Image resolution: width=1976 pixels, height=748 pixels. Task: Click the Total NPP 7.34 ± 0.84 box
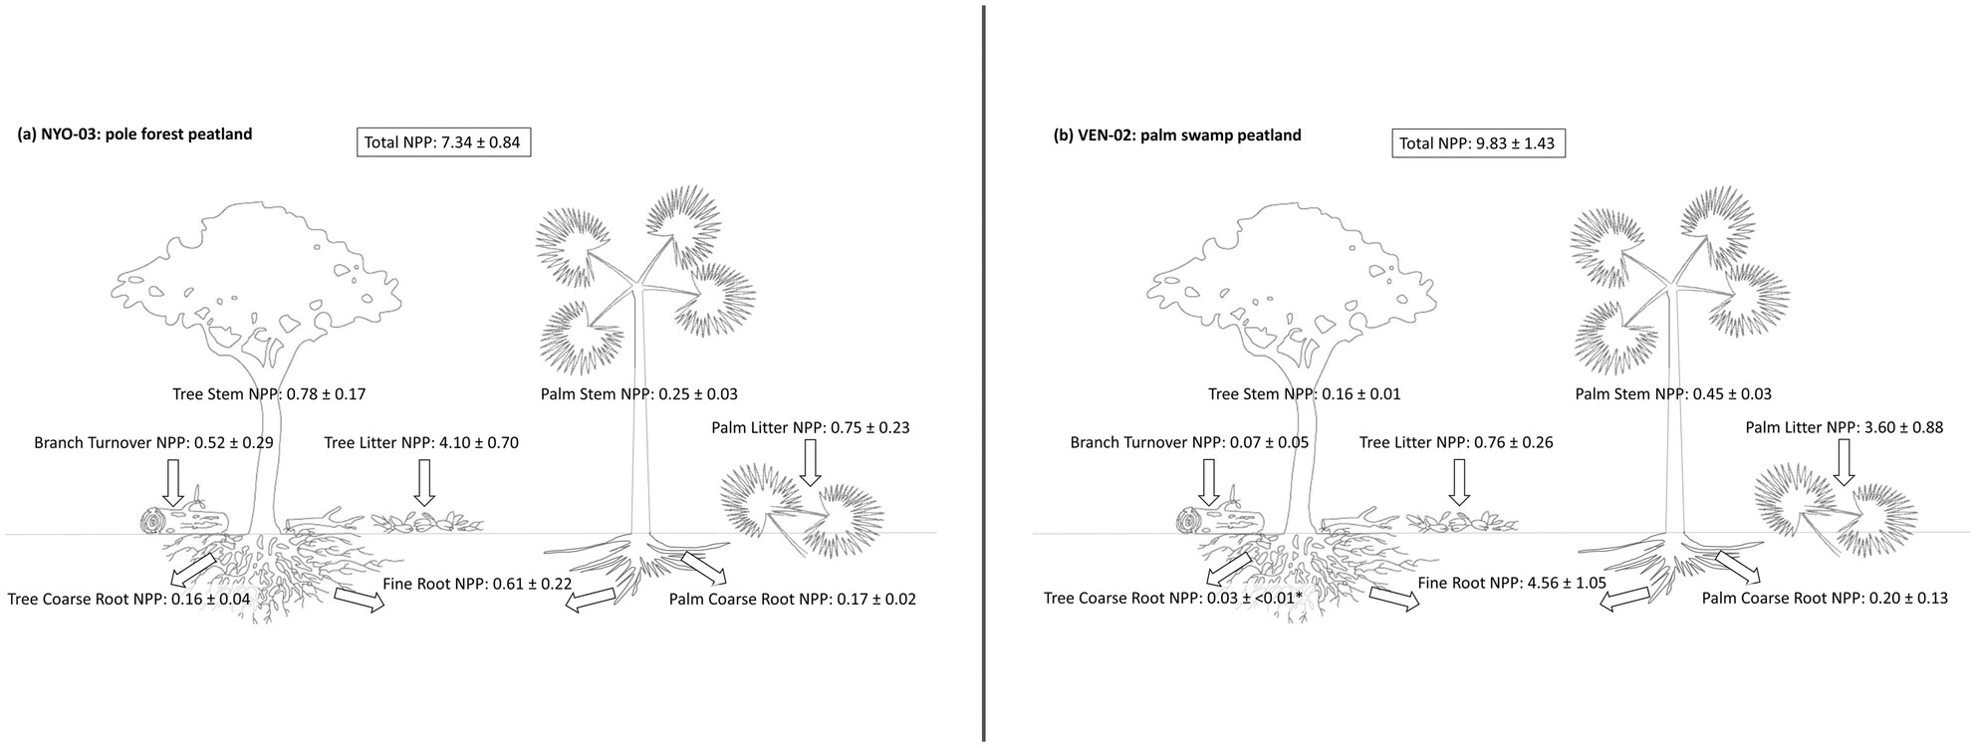442,142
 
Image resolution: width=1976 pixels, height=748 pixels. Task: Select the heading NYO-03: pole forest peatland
134,134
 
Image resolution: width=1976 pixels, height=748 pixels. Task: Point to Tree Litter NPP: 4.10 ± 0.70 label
420,442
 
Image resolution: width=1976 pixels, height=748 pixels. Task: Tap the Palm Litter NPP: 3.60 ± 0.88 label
1844,427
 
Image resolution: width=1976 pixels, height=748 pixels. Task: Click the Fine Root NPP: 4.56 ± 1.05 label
1511,584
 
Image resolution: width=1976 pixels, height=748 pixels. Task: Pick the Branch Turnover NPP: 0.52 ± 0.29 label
153,442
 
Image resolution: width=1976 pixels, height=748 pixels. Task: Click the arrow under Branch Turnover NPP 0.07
1209,481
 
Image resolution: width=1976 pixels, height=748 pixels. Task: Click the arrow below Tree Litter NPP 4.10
425,482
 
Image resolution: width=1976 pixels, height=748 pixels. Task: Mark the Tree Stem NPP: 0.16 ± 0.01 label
1304,393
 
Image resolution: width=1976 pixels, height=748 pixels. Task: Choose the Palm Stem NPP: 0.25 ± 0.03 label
638,394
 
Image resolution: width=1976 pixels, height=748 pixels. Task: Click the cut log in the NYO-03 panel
184,520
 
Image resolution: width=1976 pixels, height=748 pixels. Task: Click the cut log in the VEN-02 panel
1219,520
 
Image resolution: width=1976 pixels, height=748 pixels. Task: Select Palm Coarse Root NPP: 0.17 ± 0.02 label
792,599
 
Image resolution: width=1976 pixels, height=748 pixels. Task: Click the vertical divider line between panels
984,374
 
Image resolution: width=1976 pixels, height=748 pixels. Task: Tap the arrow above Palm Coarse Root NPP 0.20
1737,569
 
